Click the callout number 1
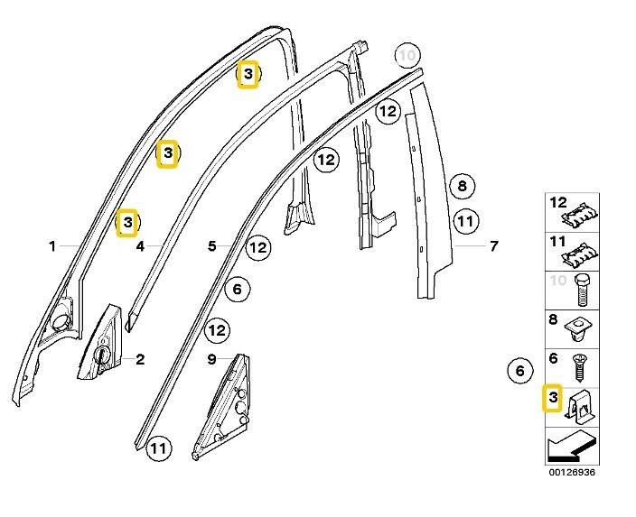click(52, 245)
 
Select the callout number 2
click(140, 359)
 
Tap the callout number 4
click(140, 245)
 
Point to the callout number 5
click(211, 245)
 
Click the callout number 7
click(494, 245)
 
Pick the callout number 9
click(211, 359)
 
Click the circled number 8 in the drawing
click(462, 187)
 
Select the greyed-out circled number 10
click(407, 56)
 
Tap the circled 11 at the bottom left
click(159, 448)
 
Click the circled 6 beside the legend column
click(519, 370)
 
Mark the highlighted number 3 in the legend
click(552, 397)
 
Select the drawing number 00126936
click(571, 472)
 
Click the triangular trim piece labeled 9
click(222, 408)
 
